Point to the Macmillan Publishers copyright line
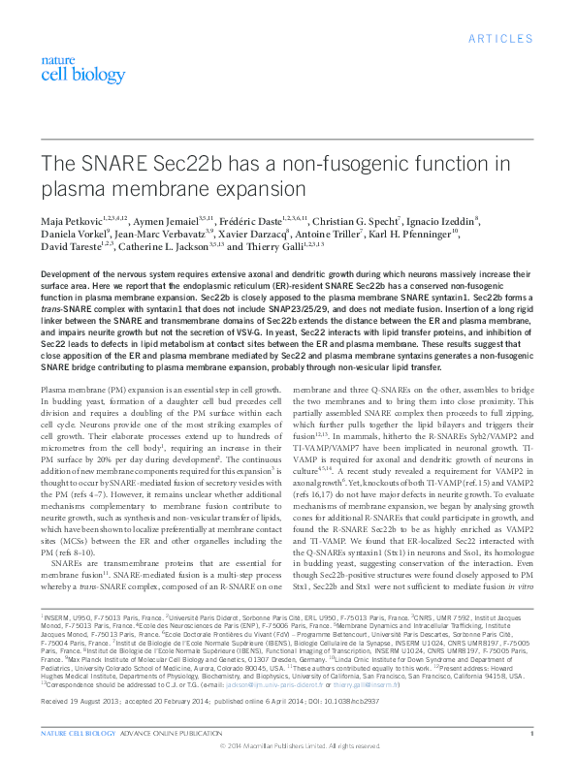click(x=288, y=747)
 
